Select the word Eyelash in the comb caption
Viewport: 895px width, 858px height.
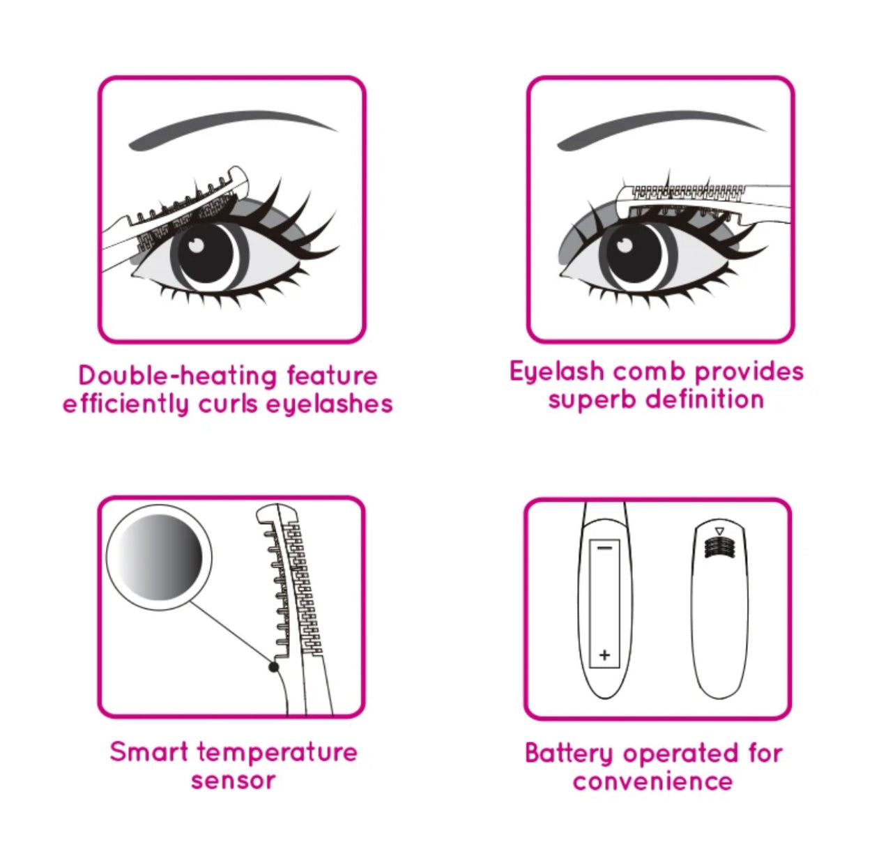[556, 372]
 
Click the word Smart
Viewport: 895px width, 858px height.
[149, 752]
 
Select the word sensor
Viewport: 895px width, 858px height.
[233, 781]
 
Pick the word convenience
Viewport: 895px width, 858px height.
[652, 781]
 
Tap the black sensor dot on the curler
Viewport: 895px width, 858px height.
[274, 667]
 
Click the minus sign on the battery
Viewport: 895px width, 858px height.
[604, 548]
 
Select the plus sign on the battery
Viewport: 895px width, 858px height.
[604, 654]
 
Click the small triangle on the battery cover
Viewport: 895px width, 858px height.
[720, 532]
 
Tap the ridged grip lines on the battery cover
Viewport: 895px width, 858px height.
[720, 547]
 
